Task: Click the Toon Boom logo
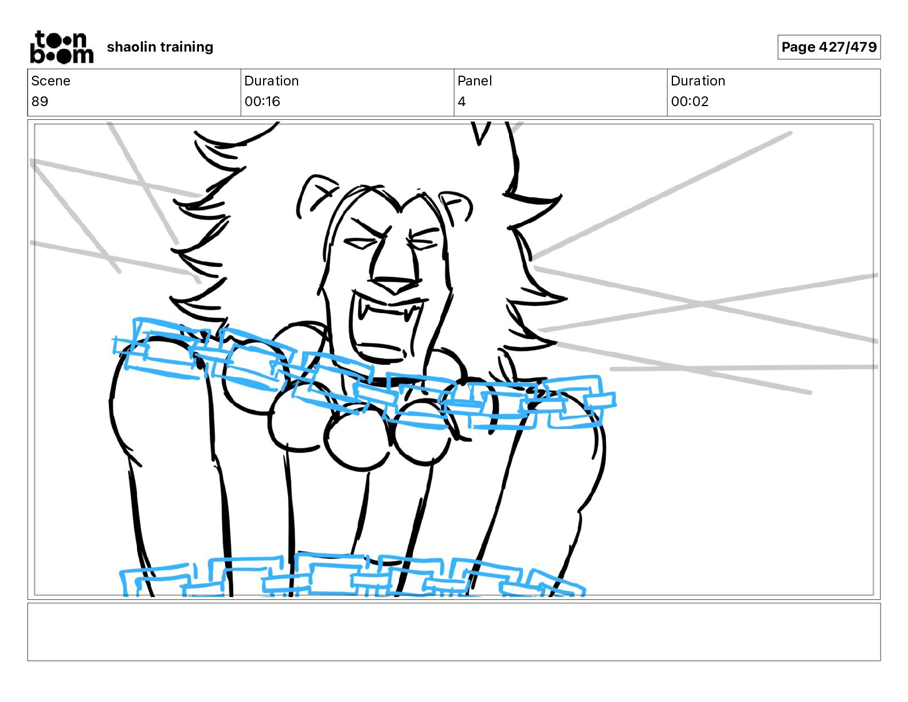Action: [x=62, y=47]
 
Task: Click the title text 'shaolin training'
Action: [x=160, y=47]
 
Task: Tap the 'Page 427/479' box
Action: [x=829, y=47]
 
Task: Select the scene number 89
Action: [x=40, y=101]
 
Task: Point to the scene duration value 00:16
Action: [x=262, y=101]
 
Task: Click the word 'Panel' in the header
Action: [x=474, y=81]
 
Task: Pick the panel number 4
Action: [x=461, y=101]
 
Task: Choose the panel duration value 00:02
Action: [x=690, y=101]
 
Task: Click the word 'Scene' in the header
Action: [x=50, y=81]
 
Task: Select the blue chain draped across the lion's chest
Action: [x=363, y=374]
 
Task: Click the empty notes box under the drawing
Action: [x=454, y=632]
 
